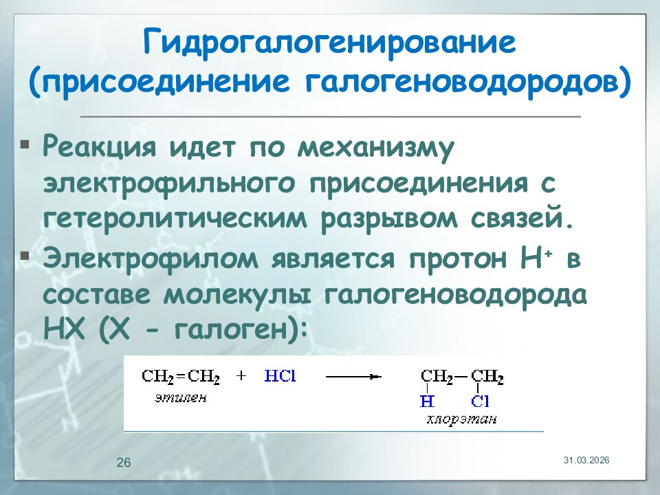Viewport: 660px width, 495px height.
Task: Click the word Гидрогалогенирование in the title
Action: coord(329,44)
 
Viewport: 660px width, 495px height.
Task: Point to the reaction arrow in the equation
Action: coord(353,377)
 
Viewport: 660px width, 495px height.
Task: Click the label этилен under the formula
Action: coord(180,398)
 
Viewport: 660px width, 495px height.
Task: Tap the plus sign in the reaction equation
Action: coord(241,377)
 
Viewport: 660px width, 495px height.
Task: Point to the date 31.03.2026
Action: coord(586,459)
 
